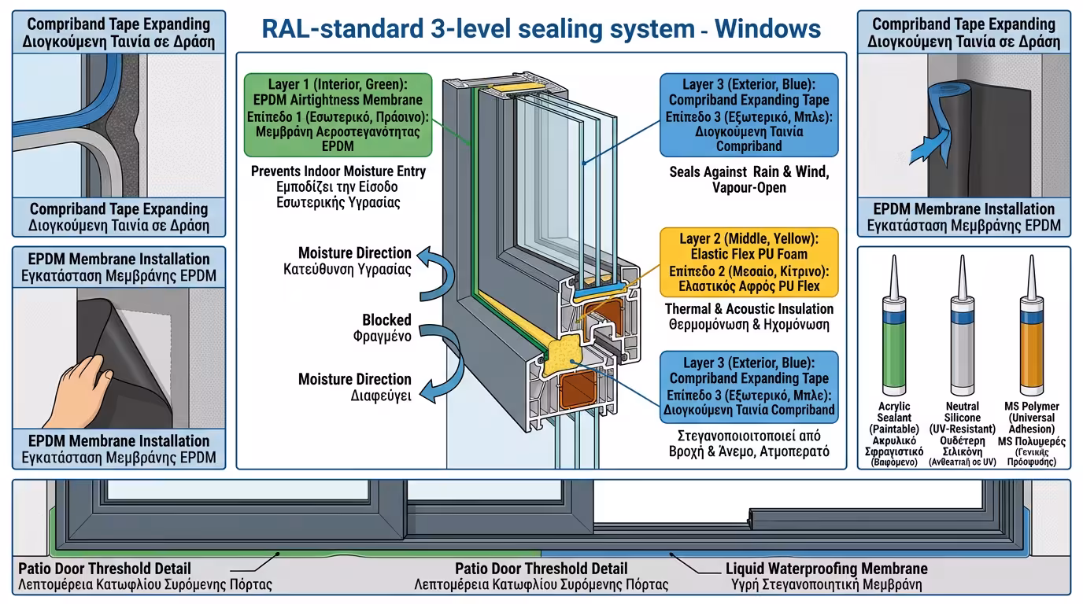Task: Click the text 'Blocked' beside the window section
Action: [386, 320]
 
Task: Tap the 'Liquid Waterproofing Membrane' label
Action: [826, 569]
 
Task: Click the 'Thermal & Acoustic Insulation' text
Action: [748, 309]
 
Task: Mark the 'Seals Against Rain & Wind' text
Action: [748, 172]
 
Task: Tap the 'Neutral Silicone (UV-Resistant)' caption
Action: [962, 418]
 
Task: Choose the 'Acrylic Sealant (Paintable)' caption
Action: [894, 418]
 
